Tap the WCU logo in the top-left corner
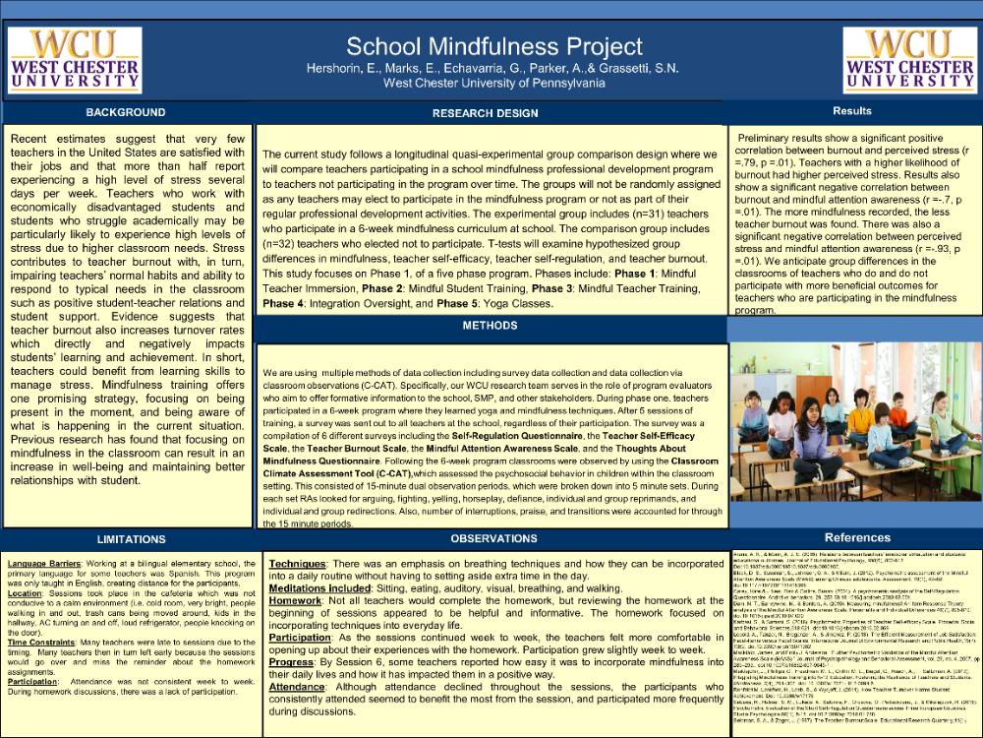coord(75,60)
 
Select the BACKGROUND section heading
coord(126,112)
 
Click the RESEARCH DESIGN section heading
coord(485,113)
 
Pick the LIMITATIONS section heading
coord(131,539)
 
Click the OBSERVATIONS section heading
coord(492,539)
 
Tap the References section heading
coord(857,538)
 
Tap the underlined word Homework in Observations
coord(295,599)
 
